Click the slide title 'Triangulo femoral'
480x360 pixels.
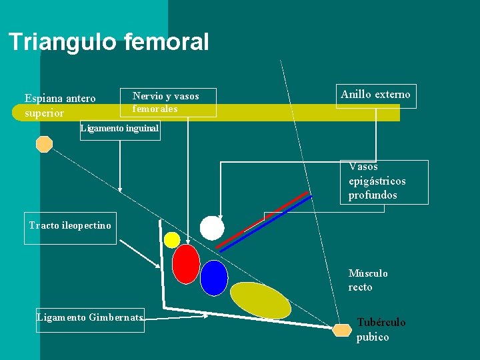109,42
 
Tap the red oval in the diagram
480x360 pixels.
185,264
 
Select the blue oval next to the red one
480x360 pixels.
214,277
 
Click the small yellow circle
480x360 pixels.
172,240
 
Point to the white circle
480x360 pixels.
212,228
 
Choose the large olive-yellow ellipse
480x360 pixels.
260,300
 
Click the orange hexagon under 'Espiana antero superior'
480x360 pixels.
44,144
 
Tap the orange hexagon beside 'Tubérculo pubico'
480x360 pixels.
342,330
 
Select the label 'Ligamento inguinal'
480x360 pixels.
119,129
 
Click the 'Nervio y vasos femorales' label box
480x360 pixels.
168,102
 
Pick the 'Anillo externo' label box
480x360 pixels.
376,95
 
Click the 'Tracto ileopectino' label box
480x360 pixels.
70,225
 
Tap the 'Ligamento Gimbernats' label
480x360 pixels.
89,317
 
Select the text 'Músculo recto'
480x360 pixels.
368,280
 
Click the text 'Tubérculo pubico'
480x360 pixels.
381,329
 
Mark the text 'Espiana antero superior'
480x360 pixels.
60,105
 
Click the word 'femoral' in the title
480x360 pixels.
166,42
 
